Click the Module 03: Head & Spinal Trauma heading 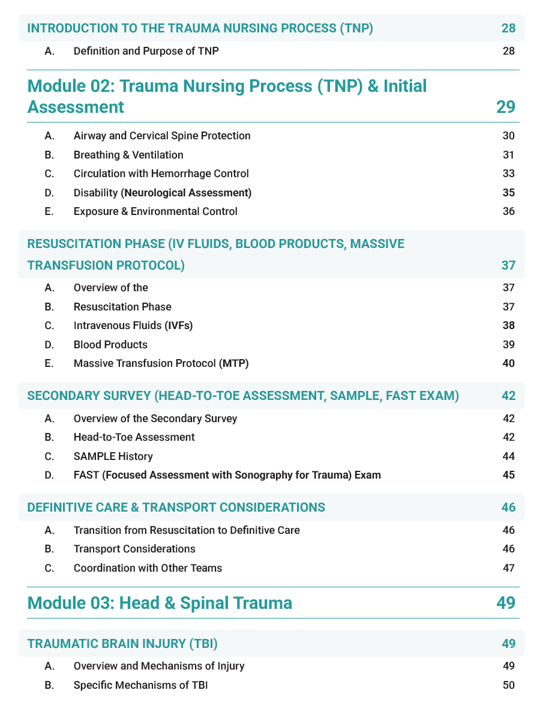tap(160, 602)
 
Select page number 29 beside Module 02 tap(505, 107)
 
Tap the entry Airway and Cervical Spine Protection tap(162, 136)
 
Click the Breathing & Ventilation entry tap(128, 155)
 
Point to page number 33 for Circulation tap(508, 174)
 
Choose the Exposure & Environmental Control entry tap(155, 211)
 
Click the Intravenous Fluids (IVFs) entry tap(133, 325)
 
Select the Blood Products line tap(110, 345)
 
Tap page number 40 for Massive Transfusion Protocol tap(508, 363)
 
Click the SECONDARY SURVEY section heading tap(243, 396)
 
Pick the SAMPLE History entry tap(113, 456)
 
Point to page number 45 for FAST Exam tap(508, 475)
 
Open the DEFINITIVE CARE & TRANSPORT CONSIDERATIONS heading tap(176, 507)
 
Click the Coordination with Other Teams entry tap(148, 568)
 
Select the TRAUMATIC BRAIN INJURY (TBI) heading tap(122, 644)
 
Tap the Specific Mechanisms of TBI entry tap(141, 685)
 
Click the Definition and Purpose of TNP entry tap(146, 51)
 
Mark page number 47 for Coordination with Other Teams tap(508, 568)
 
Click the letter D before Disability tap(49, 193)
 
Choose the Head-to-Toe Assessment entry tap(134, 437)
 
